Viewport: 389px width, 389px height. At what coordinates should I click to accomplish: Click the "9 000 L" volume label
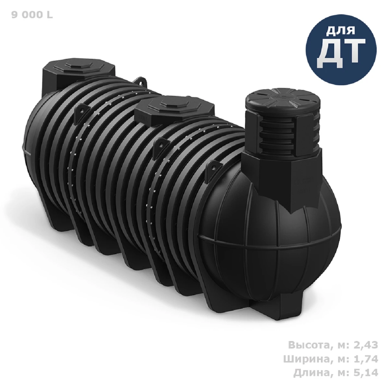point(32,16)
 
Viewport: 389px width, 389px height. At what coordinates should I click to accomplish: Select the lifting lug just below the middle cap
point(161,143)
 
